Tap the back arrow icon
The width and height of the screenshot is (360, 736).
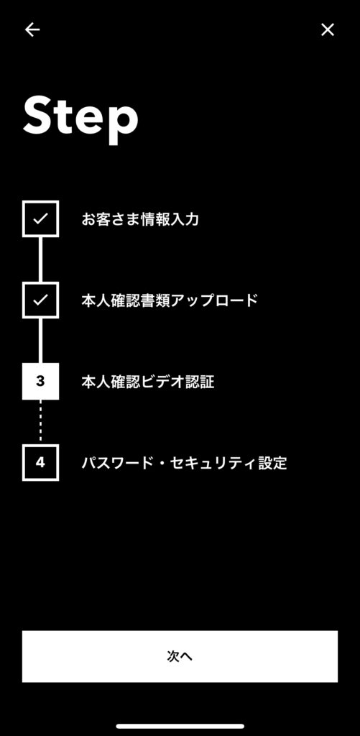pyautogui.click(x=32, y=29)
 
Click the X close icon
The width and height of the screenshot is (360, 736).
pyautogui.click(x=328, y=29)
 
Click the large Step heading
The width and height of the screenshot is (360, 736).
pyautogui.click(x=80, y=115)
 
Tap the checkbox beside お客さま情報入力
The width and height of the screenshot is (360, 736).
pyautogui.click(x=40, y=218)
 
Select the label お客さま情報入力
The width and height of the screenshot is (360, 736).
pyautogui.click(x=140, y=219)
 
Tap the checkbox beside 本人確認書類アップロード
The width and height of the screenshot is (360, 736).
pyautogui.click(x=40, y=300)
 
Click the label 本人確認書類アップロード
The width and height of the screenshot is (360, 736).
pyautogui.click(x=170, y=300)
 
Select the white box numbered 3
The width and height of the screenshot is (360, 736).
pyautogui.click(x=40, y=381)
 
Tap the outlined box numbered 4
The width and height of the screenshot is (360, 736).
pyautogui.click(x=40, y=462)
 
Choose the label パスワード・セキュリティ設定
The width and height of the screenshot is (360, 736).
pyautogui.click(x=184, y=464)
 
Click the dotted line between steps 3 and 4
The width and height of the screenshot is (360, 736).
pyautogui.click(x=40, y=422)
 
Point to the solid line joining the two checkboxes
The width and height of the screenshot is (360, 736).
pyautogui.click(x=40, y=259)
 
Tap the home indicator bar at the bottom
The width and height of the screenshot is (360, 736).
pyautogui.click(x=180, y=726)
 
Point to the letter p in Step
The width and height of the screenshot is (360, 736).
pyautogui.click(x=123, y=121)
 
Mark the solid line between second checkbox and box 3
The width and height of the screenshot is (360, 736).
pyautogui.click(x=40, y=341)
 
